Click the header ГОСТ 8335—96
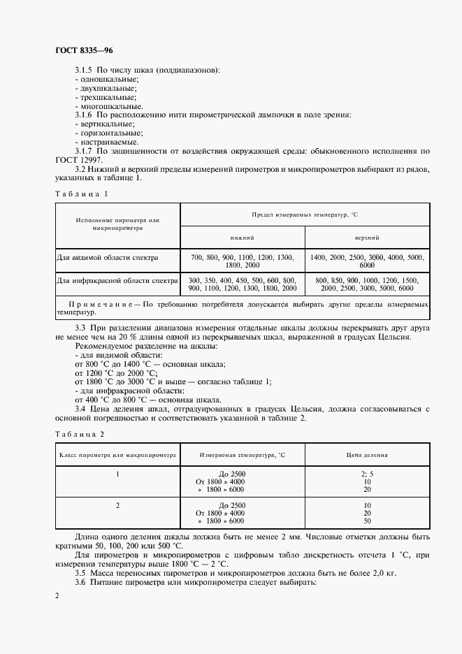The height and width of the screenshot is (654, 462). (x=83, y=51)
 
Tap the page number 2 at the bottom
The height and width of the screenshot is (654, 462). (x=57, y=595)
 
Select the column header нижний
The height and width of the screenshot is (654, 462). (x=243, y=238)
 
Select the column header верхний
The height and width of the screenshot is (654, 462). (x=367, y=238)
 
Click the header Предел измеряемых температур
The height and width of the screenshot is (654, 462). (x=305, y=215)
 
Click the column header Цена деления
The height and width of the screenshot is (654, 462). (x=367, y=454)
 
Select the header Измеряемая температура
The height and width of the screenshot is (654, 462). (x=243, y=454)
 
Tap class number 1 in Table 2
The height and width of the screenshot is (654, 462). (x=117, y=474)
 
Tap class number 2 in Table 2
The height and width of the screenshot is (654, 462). (x=117, y=504)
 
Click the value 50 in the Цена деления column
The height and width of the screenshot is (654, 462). (x=367, y=521)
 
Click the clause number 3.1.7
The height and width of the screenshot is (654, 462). (x=83, y=151)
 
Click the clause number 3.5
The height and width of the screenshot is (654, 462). (x=80, y=573)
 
